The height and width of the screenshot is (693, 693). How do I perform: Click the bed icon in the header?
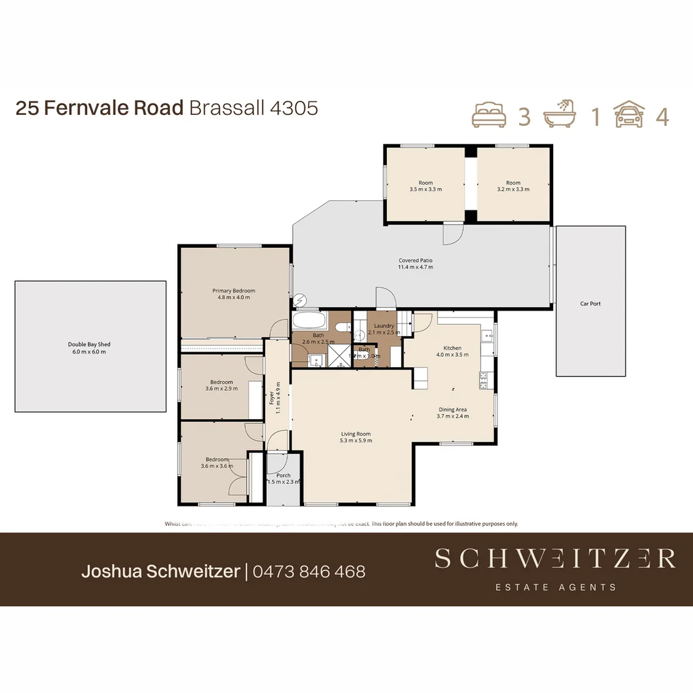click(x=489, y=116)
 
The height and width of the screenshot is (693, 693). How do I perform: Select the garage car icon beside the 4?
click(x=629, y=116)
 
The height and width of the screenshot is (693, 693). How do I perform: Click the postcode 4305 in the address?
click(x=294, y=108)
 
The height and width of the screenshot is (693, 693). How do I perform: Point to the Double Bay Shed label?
click(x=89, y=345)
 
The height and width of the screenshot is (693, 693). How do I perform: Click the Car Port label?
click(x=590, y=304)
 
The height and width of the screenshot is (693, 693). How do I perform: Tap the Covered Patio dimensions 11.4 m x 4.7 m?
click(x=416, y=267)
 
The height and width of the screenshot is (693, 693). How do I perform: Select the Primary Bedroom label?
click(x=234, y=291)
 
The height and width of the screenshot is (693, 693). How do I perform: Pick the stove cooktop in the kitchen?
click(x=483, y=381)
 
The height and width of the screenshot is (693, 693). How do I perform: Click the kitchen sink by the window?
click(x=488, y=335)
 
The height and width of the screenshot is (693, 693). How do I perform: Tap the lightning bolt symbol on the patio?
click(x=299, y=300)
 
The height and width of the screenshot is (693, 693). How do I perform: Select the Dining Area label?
click(x=452, y=409)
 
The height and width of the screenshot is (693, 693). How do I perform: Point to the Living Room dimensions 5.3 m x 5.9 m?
click(x=356, y=441)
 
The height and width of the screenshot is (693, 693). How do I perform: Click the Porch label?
click(x=283, y=475)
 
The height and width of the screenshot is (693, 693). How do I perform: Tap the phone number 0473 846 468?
click(x=309, y=571)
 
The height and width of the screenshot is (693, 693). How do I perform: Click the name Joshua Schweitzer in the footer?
click(x=160, y=571)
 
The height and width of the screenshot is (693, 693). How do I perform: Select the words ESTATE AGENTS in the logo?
click(x=556, y=586)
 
